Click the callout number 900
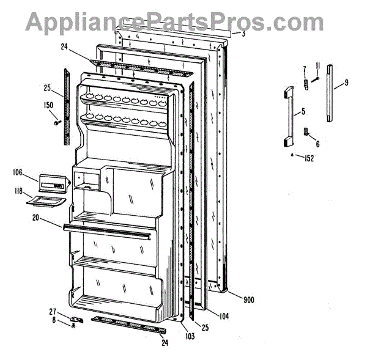click(x=249, y=299)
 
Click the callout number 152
click(x=309, y=158)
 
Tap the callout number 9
click(x=346, y=82)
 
